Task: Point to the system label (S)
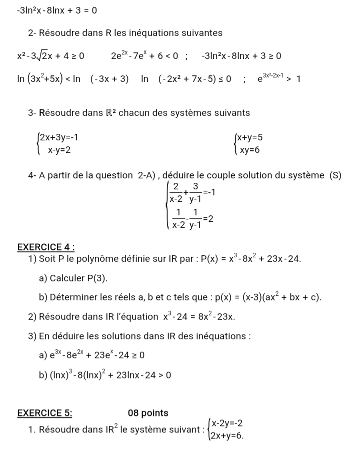(x=334, y=175)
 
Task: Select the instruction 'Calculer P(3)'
(x=72, y=278)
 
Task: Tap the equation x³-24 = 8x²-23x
(x=195, y=317)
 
